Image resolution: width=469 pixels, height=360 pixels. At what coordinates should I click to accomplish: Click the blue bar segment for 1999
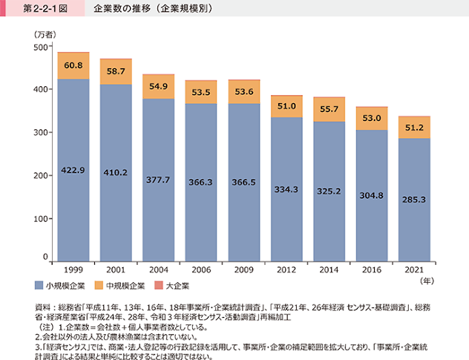coord(73,170)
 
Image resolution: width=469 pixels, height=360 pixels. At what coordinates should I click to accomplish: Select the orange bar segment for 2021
coord(414,128)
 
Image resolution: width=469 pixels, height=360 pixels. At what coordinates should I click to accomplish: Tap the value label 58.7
coord(116,71)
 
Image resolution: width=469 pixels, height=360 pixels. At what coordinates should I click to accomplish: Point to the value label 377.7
coord(158,180)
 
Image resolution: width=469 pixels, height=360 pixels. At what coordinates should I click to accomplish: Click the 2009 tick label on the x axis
coord(243,270)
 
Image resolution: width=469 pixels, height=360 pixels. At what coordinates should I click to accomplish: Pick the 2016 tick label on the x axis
coord(372,270)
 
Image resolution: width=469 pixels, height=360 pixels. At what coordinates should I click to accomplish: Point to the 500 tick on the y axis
coord(41,47)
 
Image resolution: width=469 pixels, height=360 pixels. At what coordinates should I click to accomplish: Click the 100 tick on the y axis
coord(41,219)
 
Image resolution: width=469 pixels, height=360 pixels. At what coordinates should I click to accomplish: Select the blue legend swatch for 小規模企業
coord(39,286)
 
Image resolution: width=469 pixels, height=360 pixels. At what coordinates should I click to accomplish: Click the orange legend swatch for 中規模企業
coord(99,286)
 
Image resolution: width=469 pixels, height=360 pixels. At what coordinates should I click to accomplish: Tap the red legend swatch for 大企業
coord(159,286)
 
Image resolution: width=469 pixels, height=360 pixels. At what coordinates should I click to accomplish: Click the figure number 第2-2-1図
coord(45,8)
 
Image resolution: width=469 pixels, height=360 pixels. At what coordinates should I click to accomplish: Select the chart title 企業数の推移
coord(122,8)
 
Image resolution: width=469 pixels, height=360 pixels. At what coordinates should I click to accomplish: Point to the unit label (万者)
coord(45,35)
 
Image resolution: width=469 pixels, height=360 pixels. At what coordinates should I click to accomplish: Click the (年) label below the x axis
coord(427,281)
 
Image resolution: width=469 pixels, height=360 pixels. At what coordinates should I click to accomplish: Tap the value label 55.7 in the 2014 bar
coord(329,109)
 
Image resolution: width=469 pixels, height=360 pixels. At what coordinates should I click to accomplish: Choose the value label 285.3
coord(414,200)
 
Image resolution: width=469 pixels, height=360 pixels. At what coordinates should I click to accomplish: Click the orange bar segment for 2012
coord(286,107)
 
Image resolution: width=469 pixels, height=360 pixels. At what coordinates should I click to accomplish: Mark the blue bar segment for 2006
coord(201,183)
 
